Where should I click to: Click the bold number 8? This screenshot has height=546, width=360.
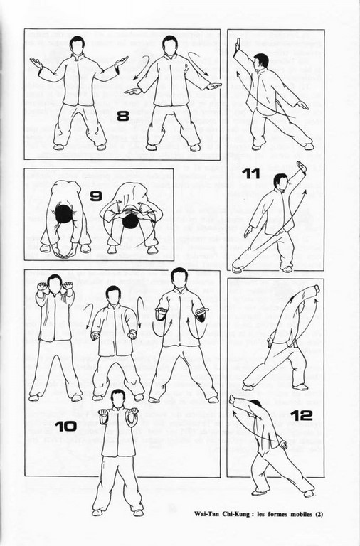122,116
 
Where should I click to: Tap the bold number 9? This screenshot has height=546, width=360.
95,196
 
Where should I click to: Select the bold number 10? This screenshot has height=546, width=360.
66,427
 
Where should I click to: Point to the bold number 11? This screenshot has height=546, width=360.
251,174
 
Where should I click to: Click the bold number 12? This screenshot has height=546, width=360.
301,415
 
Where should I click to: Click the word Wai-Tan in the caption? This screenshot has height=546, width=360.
207,514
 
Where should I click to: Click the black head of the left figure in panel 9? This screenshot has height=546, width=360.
64,214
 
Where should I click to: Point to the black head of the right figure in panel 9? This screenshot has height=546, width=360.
130,220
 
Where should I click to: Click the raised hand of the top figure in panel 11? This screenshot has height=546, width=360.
238,45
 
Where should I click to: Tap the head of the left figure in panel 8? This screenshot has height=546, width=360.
77,45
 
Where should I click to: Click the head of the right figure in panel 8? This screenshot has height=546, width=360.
170,45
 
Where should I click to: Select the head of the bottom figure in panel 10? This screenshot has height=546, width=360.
119,398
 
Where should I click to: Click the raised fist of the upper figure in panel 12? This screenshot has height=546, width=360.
316,289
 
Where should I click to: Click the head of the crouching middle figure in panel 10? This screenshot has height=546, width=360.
113,294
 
